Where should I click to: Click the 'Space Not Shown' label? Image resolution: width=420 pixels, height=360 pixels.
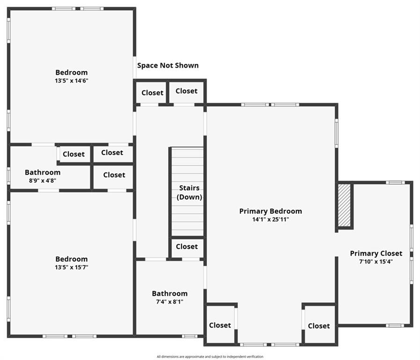point(168,66)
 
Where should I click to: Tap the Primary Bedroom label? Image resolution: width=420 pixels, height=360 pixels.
point(270,211)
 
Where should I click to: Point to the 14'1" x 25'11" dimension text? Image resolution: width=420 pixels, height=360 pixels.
point(270,219)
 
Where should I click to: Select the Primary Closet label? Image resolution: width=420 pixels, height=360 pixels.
point(376,254)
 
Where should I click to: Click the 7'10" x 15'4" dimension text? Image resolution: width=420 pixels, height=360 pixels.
point(376,262)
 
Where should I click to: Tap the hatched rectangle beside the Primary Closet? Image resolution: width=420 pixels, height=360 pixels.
point(345,205)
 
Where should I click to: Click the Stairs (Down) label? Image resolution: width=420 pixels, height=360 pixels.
point(189,193)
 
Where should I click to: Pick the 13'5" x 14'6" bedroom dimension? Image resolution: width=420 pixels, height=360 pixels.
point(71,81)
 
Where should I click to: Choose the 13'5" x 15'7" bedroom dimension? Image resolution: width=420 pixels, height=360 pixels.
point(71,267)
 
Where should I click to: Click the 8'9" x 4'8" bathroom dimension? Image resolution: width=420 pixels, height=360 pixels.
point(43,180)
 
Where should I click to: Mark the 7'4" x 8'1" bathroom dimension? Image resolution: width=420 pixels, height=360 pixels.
point(169,302)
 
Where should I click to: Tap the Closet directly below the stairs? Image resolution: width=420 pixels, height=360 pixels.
point(187,247)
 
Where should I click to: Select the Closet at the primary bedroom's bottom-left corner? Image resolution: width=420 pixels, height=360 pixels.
point(220,325)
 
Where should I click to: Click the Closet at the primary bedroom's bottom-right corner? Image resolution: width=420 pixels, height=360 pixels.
point(319,326)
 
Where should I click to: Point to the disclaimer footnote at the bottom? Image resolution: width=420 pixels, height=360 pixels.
point(210,357)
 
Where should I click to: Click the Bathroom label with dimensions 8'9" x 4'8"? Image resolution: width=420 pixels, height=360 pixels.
point(43,172)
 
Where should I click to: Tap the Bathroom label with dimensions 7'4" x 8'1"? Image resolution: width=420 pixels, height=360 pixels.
point(169,293)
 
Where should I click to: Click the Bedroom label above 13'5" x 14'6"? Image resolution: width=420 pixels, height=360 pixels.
point(71,72)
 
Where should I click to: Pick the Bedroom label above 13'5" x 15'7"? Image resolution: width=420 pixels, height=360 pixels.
point(71,259)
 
